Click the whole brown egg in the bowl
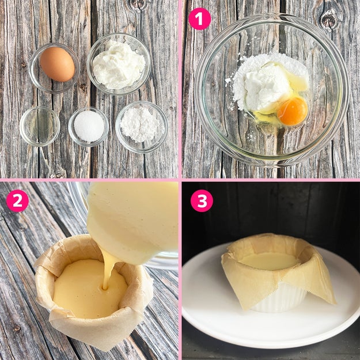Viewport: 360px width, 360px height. pos(58,65)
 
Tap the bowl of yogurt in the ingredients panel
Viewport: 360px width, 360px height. pos(119,64)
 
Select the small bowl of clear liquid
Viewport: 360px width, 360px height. pos(40,126)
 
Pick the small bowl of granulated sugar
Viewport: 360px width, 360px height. pos(89,127)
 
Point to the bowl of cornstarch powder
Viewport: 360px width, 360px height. pos(142,127)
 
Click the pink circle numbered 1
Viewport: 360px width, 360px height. pos(200,19)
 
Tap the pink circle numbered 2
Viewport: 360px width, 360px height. pos(17,200)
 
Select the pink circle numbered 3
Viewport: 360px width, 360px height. pos(202,200)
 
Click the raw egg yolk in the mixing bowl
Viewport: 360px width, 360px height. pos(292,111)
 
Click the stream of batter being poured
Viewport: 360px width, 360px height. pos(108,268)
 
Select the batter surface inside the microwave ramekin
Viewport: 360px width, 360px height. pos(269,261)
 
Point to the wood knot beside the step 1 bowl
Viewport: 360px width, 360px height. pos(329,20)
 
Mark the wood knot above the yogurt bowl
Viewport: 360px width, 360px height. pos(138,4)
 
